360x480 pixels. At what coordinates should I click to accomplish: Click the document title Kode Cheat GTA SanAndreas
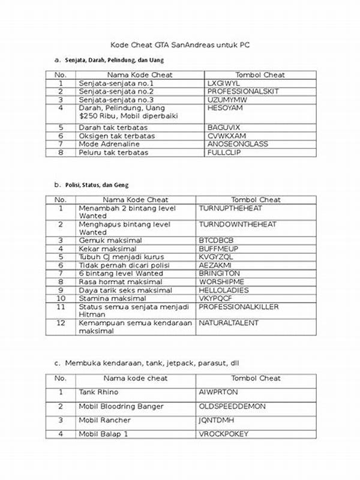[x=179, y=46]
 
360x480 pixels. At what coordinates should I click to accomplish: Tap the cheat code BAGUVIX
[x=223, y=128]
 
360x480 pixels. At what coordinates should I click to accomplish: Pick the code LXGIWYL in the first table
[x=223, y=83]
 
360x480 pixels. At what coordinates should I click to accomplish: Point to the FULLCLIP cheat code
[x=224, y=152]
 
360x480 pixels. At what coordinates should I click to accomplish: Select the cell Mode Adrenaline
[x=109, y=144]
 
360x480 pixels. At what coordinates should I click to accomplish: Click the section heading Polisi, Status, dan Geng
[x=96, y=185]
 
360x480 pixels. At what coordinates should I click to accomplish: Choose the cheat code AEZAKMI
[x=216, y=265]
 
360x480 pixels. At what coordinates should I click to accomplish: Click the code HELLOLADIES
[x=227, y=290]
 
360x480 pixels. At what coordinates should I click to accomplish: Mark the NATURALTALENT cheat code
[x=229, y=323]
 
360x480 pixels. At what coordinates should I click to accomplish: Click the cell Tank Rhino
[x=99, y=392]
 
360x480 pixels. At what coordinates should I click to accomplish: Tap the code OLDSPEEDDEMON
[x=232, y=406]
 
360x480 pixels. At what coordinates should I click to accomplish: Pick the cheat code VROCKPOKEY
[x=224, y=433]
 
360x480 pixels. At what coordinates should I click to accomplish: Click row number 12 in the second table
[x=61, y=323]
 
